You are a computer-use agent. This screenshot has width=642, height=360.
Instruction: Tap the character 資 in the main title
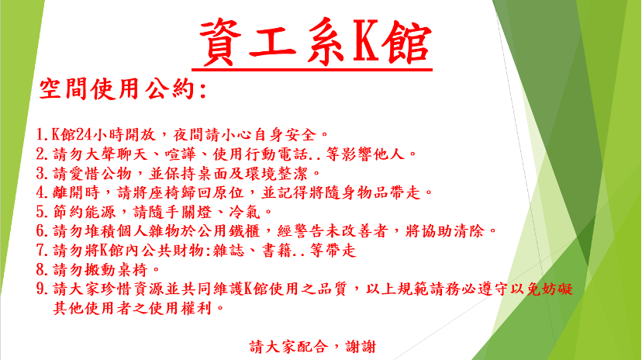221,41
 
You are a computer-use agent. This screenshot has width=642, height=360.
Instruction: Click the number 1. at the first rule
43,134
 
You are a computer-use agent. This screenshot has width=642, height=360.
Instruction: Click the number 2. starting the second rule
43,154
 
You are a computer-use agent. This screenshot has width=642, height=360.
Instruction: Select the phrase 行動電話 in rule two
277,154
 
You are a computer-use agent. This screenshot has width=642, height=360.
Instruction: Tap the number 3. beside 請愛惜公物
43,173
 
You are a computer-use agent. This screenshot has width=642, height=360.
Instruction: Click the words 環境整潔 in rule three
277,173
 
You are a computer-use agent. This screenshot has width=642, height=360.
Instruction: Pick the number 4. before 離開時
43,192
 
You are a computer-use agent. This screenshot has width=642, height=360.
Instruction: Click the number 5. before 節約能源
43,212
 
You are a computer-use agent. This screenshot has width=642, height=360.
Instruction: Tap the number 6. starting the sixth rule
43,231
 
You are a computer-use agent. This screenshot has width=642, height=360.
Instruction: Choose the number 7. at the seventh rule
43,251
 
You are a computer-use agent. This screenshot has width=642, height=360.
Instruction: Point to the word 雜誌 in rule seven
229,251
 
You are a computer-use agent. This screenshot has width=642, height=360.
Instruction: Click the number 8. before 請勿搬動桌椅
43,270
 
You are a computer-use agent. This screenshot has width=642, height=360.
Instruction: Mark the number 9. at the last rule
43,289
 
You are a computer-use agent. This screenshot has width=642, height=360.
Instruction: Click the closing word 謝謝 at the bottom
361,347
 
